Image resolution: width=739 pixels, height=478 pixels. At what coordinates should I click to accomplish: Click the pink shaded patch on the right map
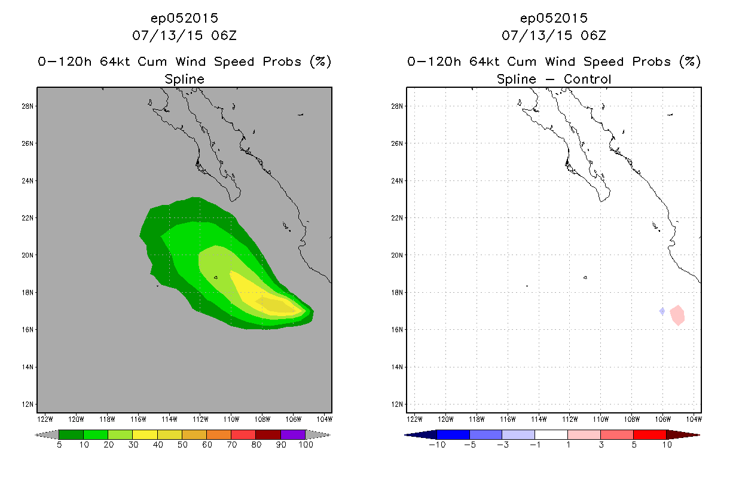pos(677,315)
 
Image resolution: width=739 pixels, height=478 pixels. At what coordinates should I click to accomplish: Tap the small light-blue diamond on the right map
pos(662,311)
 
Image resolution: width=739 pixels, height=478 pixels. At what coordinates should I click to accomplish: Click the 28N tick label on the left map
pos(28,106)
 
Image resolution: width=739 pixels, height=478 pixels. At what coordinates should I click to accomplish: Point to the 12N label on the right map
pos(397,405)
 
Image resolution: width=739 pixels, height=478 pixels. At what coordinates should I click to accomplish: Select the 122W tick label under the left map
pos(45,419)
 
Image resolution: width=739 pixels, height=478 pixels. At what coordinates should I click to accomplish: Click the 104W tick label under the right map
pos(694,419)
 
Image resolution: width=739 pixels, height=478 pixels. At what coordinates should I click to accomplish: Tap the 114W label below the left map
pos(169,419)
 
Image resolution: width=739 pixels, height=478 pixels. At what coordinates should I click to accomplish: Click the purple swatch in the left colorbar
pos(293,434)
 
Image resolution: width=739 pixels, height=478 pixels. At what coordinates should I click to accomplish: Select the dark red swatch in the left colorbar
pos(268,434)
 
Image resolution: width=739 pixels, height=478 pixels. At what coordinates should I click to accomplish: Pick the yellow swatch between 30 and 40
pos(145,434)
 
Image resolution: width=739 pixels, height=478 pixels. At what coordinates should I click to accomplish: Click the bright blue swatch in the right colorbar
pos(453,434)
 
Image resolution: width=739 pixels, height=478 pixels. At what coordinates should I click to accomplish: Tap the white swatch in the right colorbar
pos(551,434)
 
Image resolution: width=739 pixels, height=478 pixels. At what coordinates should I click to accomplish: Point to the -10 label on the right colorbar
pos(437,445)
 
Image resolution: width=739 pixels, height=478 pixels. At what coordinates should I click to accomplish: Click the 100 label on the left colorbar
pos(306,445)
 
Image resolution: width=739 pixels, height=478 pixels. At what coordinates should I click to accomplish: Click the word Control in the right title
pos(587,79)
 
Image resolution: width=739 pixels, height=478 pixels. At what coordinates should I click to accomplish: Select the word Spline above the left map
pos(184,79)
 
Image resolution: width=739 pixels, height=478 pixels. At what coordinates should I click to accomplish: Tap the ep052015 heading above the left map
pos(184,19)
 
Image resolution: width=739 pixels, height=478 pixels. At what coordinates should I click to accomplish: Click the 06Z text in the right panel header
pos(593,36)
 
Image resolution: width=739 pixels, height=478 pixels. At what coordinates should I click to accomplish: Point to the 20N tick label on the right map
pos(397,255)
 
